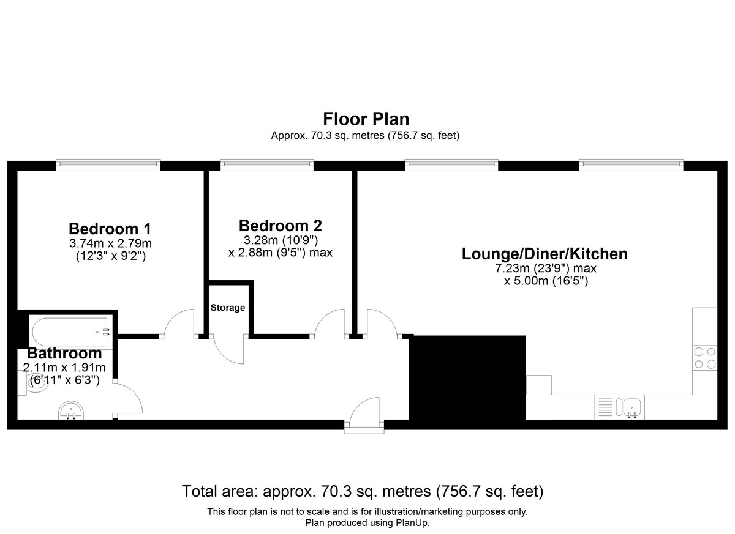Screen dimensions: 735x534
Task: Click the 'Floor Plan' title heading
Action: [x=366, y=119]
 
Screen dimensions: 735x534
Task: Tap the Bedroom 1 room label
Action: [x=110, y=229]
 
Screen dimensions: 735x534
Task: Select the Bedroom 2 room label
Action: [x=281, y=226]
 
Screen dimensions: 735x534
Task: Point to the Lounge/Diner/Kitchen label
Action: [x=545, y=254]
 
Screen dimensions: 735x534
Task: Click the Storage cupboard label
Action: [x=228, y=308]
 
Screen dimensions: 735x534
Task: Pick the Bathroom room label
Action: [x=64, y=353]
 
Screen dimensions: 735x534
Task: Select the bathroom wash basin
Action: [x=71, y=411]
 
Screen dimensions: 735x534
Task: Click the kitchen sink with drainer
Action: [x=619, y=407]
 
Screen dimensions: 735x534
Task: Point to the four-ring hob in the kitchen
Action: [x=705, y=358]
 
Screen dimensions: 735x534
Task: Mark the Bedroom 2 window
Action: [x=267, y=165]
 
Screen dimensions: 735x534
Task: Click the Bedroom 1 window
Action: [x=108, y=165]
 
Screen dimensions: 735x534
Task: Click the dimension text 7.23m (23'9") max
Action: [x=546, y=269]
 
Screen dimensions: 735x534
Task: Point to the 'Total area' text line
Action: [x=363, y=491]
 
